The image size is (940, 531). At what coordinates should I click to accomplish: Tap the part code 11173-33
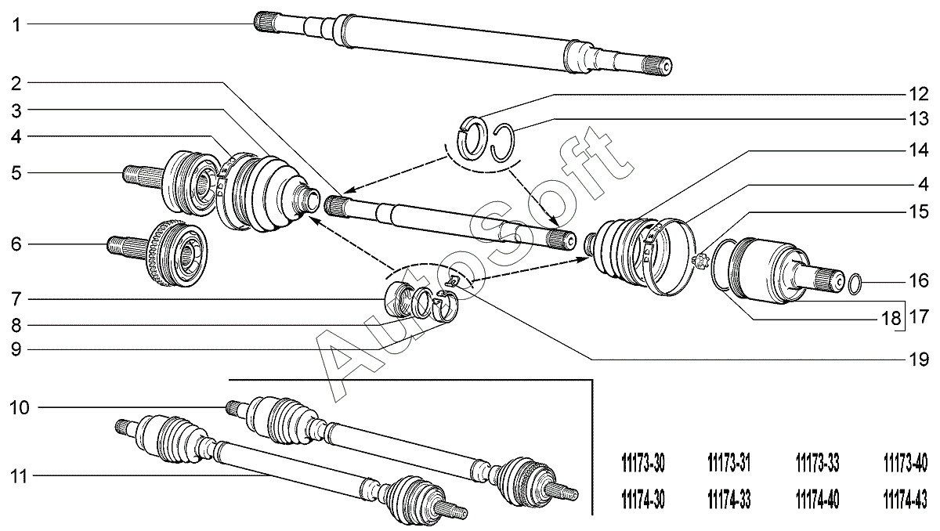pos(816,464)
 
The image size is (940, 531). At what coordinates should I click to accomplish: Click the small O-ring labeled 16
pos(855,282)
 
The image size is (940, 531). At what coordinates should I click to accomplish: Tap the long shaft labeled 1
pos(462,43)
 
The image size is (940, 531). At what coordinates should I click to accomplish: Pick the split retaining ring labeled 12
pos(472,134)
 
